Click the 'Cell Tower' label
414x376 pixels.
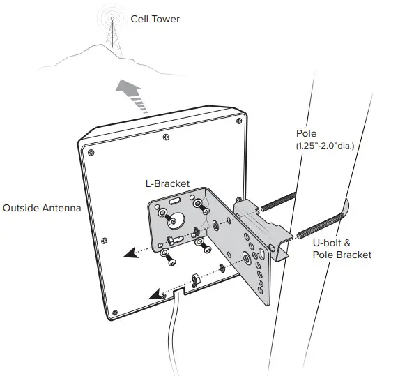click(x=155, y=19)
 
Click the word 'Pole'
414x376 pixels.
click(x=307, y=133)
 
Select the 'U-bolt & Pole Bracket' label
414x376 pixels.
click(x=342, y=248)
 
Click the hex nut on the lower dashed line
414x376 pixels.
click(x=194, y=280)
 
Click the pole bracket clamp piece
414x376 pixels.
click(x=265, y=227)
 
